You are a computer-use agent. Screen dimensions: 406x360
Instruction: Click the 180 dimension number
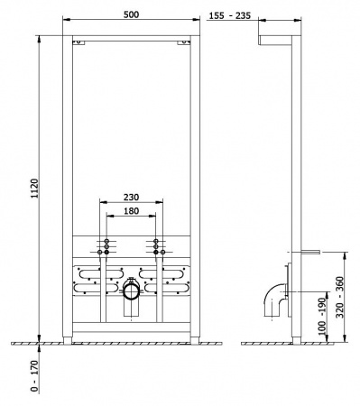click(133, 209)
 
